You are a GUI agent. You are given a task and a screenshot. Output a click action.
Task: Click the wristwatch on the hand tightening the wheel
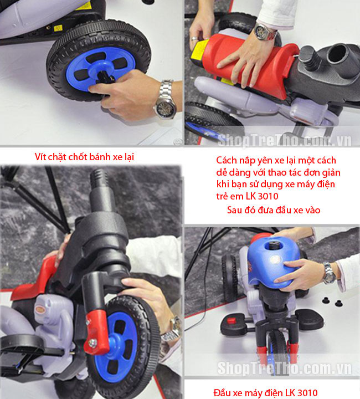tap(166, 99)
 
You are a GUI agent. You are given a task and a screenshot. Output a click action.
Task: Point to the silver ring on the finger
tap(194, 38)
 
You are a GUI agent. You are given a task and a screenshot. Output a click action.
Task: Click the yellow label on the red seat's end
tap(199, 53)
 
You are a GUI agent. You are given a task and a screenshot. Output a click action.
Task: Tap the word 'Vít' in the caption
tap(40, 157)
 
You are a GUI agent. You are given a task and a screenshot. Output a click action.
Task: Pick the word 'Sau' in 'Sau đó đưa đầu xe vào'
tap(234, 210)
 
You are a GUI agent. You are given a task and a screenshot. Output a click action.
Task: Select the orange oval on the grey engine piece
tap(40, 309)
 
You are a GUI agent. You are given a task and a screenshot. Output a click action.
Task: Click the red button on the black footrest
tap(231, 320)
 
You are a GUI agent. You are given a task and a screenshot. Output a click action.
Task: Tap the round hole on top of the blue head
tap(274, 245)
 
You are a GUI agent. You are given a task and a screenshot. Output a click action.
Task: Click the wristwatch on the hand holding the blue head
tap(329, 273)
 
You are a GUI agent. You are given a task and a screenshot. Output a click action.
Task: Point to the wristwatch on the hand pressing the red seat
tap(264, 32)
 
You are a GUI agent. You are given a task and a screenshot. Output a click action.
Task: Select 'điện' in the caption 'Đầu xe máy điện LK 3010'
tap(273, 393)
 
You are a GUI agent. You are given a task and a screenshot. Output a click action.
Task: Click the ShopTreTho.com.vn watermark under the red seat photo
tap(285, 140)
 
